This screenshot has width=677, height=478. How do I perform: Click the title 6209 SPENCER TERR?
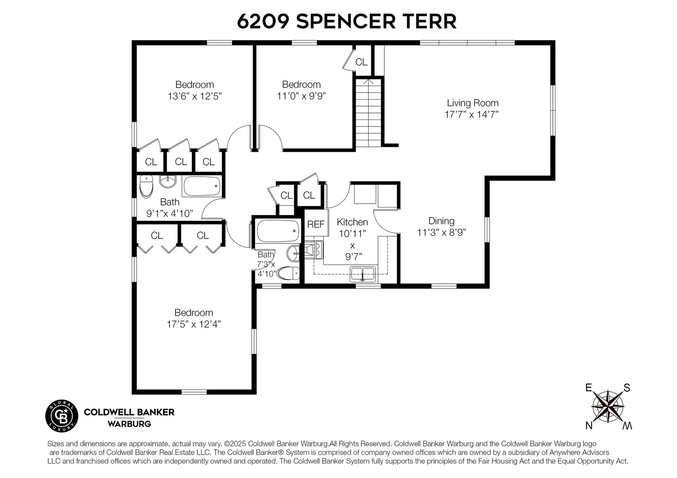tap(346, 21)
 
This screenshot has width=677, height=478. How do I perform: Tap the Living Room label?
tap(472, 103)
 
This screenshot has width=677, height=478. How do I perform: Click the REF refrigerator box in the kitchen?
tap(316, 224)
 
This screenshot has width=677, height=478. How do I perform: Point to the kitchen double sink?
tap(363, 273)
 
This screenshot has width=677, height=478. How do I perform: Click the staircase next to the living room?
tap(368, 113)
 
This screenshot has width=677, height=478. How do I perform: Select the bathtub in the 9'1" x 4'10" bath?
tap(201, 187)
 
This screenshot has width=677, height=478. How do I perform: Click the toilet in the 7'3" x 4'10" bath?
tap(288, 274)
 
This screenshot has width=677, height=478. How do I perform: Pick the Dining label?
tap(441, 221)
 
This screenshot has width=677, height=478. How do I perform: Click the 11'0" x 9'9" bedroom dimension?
tap(301, 96)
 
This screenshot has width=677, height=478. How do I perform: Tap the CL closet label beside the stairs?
tap(361, 62)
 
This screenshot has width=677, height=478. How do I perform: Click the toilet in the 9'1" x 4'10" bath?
tap(145, 187)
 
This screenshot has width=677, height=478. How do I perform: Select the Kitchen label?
tap(352, 222)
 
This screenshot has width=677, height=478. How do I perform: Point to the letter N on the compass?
tap(589, 426)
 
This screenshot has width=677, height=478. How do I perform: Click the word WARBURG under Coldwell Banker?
tap(129, 424)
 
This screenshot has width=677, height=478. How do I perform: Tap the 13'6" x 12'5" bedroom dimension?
tap(194, 96)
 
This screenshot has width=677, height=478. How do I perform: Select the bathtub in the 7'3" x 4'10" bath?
tap(277, 231)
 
